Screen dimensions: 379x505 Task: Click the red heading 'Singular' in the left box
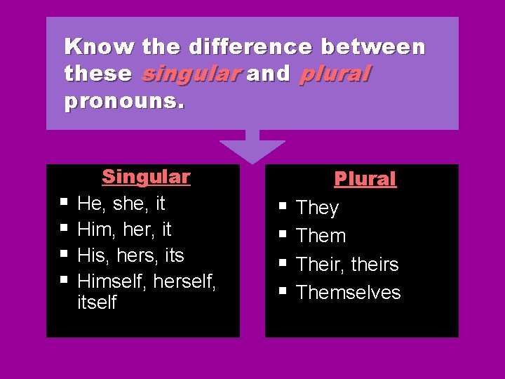146,177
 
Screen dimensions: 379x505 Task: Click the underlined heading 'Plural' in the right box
365,180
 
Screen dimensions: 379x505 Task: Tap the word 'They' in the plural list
317,208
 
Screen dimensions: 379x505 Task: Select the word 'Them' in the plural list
321,237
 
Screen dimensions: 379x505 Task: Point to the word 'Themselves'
348,293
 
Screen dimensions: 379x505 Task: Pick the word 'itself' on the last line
97,303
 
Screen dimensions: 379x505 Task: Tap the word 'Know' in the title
99,47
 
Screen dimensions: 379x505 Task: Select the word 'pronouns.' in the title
124,101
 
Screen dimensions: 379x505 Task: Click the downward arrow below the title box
252,148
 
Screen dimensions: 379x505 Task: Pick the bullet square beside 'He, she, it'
64,203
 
